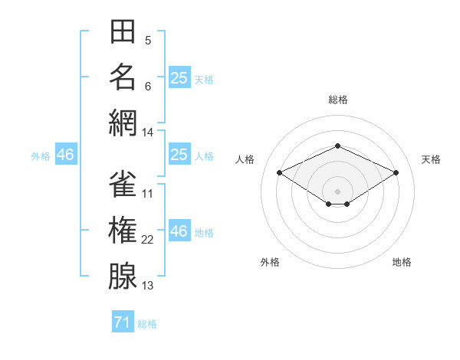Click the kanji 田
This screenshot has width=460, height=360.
click(123, 31)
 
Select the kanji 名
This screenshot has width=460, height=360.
click(123, 77)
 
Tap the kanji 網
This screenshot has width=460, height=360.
click(123, 123)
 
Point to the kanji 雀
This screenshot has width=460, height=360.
click(123, 184)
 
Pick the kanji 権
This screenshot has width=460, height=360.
click(123, 230)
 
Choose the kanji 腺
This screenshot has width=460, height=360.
click(123, 276)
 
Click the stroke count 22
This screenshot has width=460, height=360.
click(147, 240)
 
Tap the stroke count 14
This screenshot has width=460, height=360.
click(147, 133)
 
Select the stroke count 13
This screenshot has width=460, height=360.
click(147, 286)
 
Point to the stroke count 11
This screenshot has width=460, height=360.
click(147, 194)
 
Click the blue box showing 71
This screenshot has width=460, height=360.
click(123, 321)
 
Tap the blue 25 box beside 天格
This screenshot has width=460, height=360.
click(179, 77)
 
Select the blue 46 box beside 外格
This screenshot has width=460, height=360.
click(66, 154)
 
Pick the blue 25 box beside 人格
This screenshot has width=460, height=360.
click(179, 154)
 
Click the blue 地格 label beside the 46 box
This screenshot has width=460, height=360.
click(204, 233)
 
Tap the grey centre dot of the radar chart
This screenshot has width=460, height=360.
click(337, 191)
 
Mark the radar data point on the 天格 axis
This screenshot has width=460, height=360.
click(396, 172)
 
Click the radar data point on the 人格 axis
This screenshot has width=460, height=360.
click(280, 172)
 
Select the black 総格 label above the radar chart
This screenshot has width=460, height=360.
click(338, 100)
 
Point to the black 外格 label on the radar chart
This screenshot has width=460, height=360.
click(270, 262)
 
